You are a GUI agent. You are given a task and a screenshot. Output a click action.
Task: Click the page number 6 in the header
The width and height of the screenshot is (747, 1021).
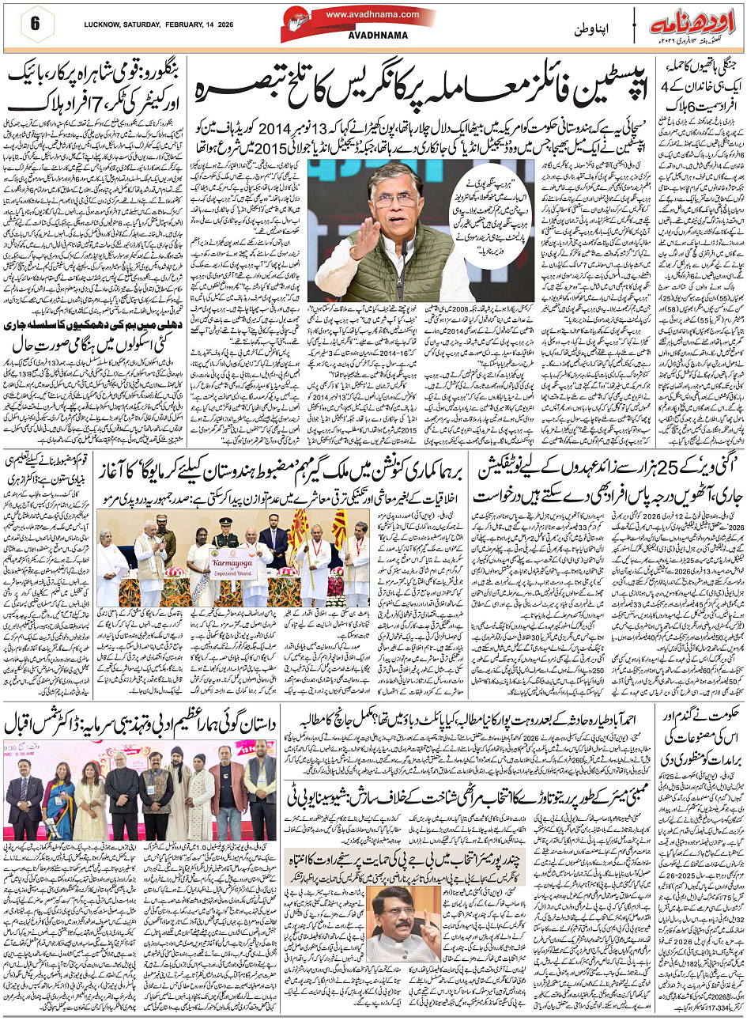[x=35, y=23]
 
